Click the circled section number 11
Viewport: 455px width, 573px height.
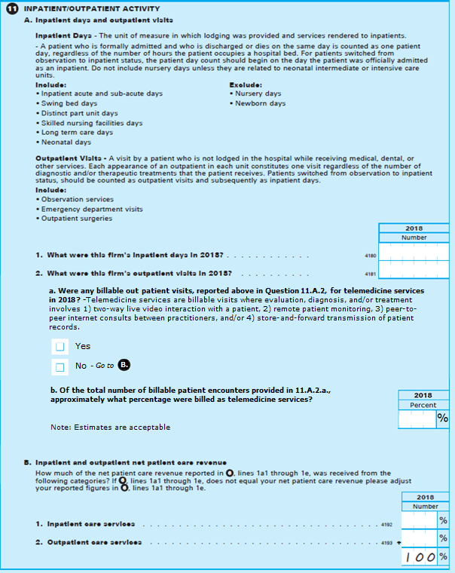click(x=11, y=8)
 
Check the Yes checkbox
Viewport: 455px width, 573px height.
click(x=60, y=346)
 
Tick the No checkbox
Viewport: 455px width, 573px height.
click(x=60, y=366)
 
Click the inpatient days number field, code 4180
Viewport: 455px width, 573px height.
click(x=414, y=253)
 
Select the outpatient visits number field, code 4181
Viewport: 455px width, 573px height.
click(x=414, y=271)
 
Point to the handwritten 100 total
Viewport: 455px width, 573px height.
click(x=419, y=556)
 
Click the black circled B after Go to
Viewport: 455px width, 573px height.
click(x=125, y=366)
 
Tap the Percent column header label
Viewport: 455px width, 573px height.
click(x=423, y=405)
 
